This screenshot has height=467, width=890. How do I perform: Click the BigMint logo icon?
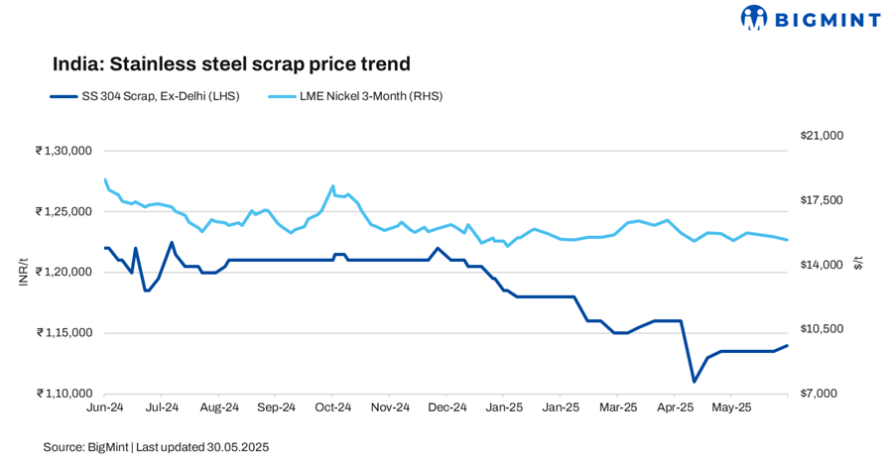[756, 17]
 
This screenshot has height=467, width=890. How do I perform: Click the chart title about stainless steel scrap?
[231, 64]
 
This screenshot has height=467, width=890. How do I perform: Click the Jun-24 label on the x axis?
[105, 407]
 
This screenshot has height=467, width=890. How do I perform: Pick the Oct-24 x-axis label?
[333, 407]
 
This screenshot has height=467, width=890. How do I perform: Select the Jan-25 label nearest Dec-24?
[504, 407]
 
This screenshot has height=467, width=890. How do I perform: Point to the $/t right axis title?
[860, 261]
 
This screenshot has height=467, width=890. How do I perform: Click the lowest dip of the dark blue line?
[695, 381]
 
